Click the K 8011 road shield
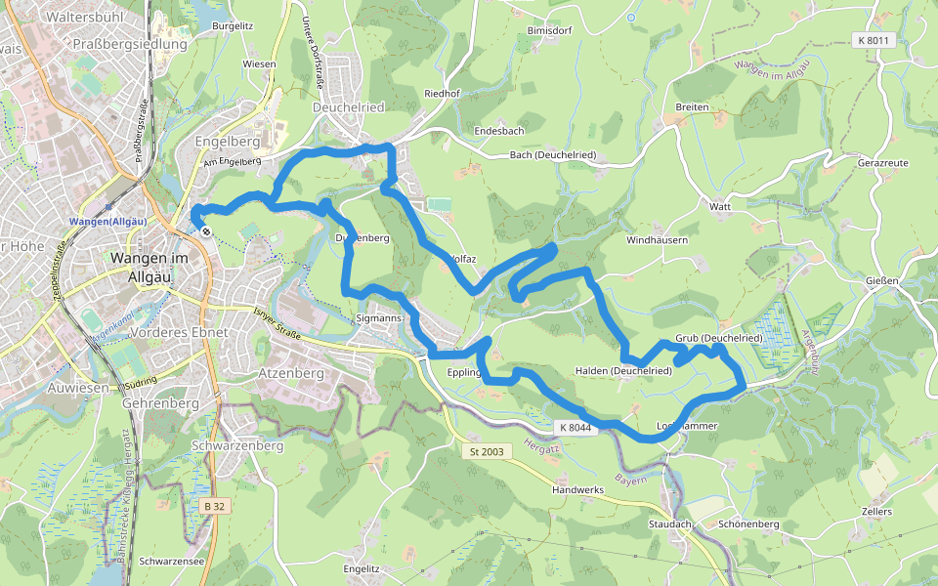[873, 40]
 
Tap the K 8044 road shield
[576, 428]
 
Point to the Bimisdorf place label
[548, 30]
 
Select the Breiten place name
[692, 106]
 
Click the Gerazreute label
[882, 162]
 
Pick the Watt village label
[721, 207]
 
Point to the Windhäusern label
[658, 239]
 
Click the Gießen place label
[881, 281]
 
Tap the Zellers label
[876, 512]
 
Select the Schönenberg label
[747, 524]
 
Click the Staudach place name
[670, 524]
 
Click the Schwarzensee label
[171, 562]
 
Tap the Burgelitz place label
[233, 26]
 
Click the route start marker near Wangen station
[205, 231]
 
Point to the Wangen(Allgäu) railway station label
[107, 221]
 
